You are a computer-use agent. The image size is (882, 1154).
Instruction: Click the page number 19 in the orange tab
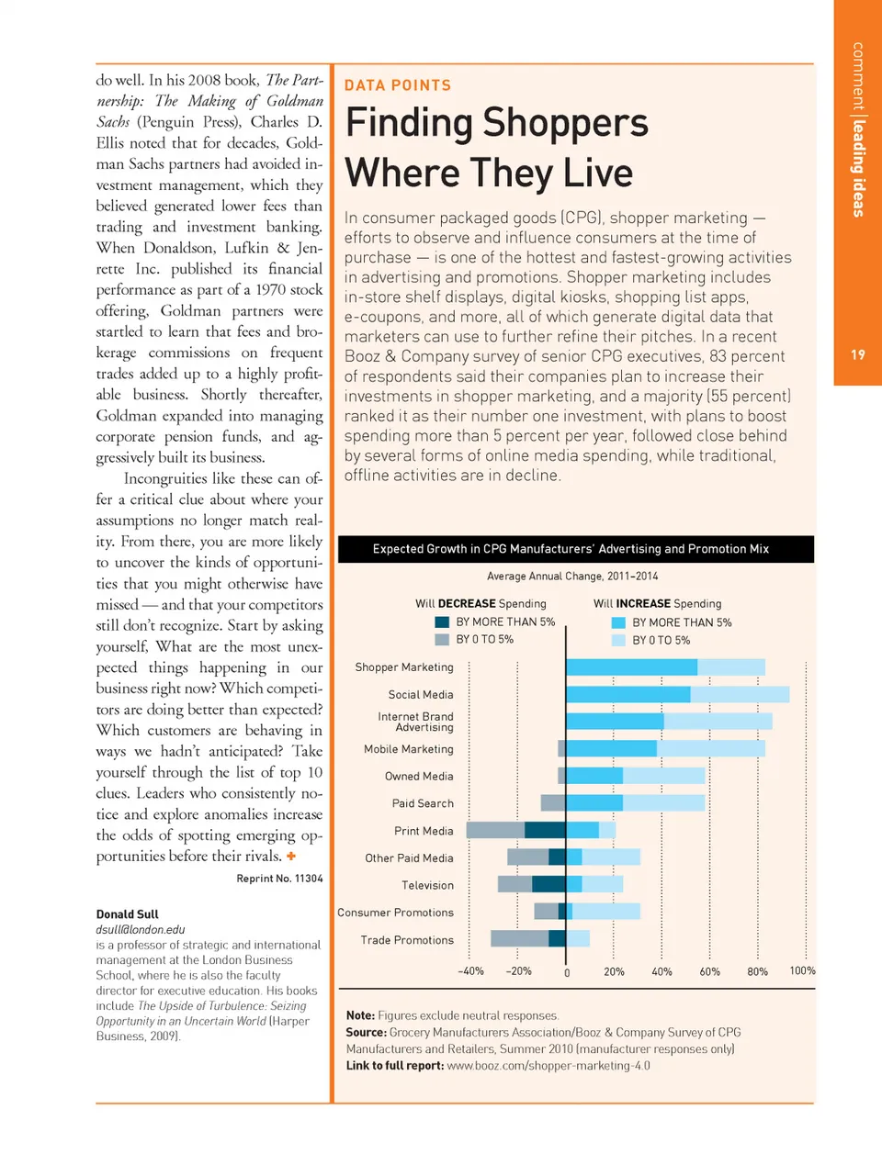pyautogui.click(x=857, y=354)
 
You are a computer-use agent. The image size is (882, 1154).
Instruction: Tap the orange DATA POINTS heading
pyautogui.click(x=398, y=85)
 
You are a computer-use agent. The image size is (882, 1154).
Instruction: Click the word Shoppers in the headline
pyautogui.click(x=565, y=123)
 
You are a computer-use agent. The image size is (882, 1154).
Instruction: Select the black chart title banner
pyautogui.click(x=576, y=549)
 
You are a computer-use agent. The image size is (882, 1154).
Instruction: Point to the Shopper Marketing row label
pyautogui.click(x=404, y=667)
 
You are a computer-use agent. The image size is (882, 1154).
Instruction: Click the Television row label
pyautogui.click(x=427, y=885)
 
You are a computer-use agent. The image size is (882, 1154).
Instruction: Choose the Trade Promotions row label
pyautogui.click(x=407, y=940)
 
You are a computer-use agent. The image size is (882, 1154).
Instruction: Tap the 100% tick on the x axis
pyautogui.click(x=802, y=970)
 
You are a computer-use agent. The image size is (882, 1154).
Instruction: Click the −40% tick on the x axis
pyautogui.click(x=470, y=971)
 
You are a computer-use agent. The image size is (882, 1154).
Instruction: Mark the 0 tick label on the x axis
pyautogui.click(x=567, y=972)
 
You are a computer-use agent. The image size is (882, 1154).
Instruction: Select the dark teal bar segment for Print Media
pyautogui.click(x=545, y=831)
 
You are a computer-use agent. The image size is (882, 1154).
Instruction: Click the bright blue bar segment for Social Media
pyautogui.click(x=628, y=695)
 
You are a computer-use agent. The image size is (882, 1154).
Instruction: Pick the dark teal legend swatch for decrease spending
pyautogui.click(x=442, y=622)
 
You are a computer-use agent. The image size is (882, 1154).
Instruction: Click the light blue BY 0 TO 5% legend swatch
pyautogui.click(x=618, y=640)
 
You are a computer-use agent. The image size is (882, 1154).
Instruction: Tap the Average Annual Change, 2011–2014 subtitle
pyautogui.click(x=572, y=577)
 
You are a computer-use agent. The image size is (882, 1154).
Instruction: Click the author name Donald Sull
pyautogui.click(x=127, y=914)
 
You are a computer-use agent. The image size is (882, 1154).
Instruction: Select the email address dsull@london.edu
pyautogui.click(x=141, y=929)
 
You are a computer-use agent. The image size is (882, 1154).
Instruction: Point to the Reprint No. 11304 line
pyautogui.click(x=279, y=879)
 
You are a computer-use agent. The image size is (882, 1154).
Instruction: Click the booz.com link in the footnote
pyautogui.click(x=548, y=1066)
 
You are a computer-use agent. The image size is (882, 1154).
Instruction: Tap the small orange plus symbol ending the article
pyautogui.click(x=291, y=856)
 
